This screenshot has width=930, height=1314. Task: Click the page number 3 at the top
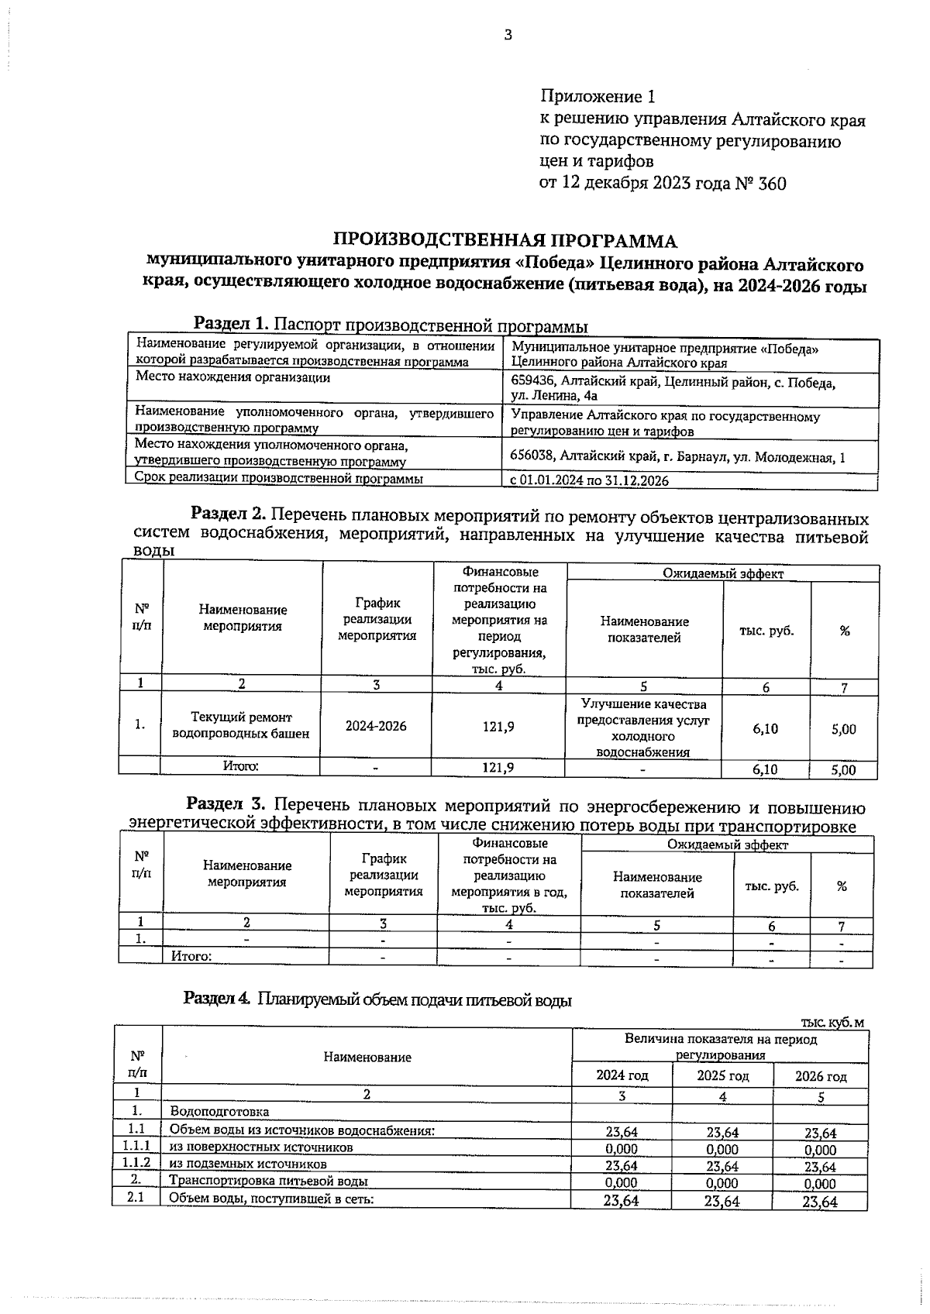point(508,35)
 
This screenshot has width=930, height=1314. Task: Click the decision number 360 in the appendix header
point(772,184)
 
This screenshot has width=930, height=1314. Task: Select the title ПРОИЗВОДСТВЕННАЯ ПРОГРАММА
point(505,240)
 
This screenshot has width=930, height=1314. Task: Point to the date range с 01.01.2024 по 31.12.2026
point(589,480)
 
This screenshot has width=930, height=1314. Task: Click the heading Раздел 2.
point(228,514)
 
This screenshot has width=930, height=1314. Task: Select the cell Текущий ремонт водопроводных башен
point(241,725)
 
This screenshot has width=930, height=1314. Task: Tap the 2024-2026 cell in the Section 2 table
point(376,726)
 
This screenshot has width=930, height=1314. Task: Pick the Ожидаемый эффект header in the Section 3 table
point(727,844)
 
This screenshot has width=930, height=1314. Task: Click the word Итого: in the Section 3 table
point(191,956)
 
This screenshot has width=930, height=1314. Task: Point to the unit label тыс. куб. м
point(826,1023)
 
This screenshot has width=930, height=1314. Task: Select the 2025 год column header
point(722,1075)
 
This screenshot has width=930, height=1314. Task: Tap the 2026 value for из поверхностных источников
point(820,1150)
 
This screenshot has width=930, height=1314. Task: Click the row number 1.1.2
point(136,1163)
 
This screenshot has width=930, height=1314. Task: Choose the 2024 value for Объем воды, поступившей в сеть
point(622,1202)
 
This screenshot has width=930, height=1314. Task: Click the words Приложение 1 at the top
point(597,97)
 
